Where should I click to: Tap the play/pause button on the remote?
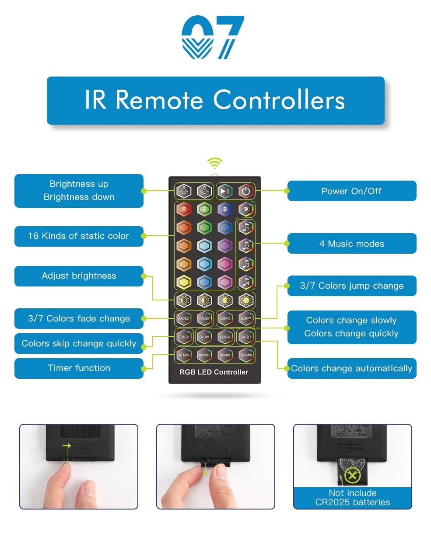point(225,191)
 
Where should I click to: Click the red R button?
point(184,209)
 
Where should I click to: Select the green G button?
point(204,209)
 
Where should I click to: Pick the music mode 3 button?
point(246,264)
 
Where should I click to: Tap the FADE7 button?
point(204,318)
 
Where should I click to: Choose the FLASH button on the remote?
point(184,337)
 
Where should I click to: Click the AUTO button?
point(246,337)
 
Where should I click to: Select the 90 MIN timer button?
point(225,355)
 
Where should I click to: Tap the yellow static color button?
point(184,283)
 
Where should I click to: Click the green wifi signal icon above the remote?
point(214,164)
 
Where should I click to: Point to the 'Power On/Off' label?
point(351,191)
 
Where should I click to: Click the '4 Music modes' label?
point(351,244)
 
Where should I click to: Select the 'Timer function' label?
point(79,368)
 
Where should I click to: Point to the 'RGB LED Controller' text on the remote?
point(214,372)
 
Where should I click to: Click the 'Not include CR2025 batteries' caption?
point(353,498)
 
